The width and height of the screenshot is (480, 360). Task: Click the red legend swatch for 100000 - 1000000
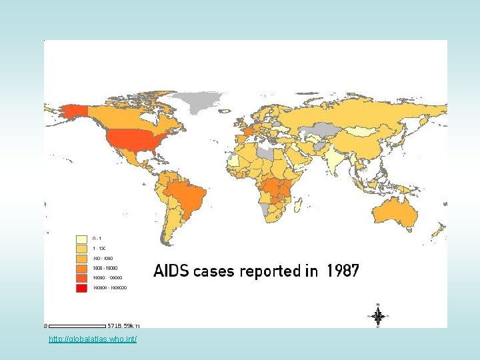[x=81, y=289]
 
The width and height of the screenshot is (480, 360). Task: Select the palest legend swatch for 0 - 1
[x=81, y=239]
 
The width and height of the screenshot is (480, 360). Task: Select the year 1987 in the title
[x=343, y=271]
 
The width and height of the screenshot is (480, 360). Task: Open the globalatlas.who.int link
[x=93, y=340]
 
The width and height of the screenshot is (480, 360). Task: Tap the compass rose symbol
[x=378, y=316]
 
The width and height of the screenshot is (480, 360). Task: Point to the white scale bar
[x=77, y=326]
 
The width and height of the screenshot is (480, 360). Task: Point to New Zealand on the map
[x=437, y=231]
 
